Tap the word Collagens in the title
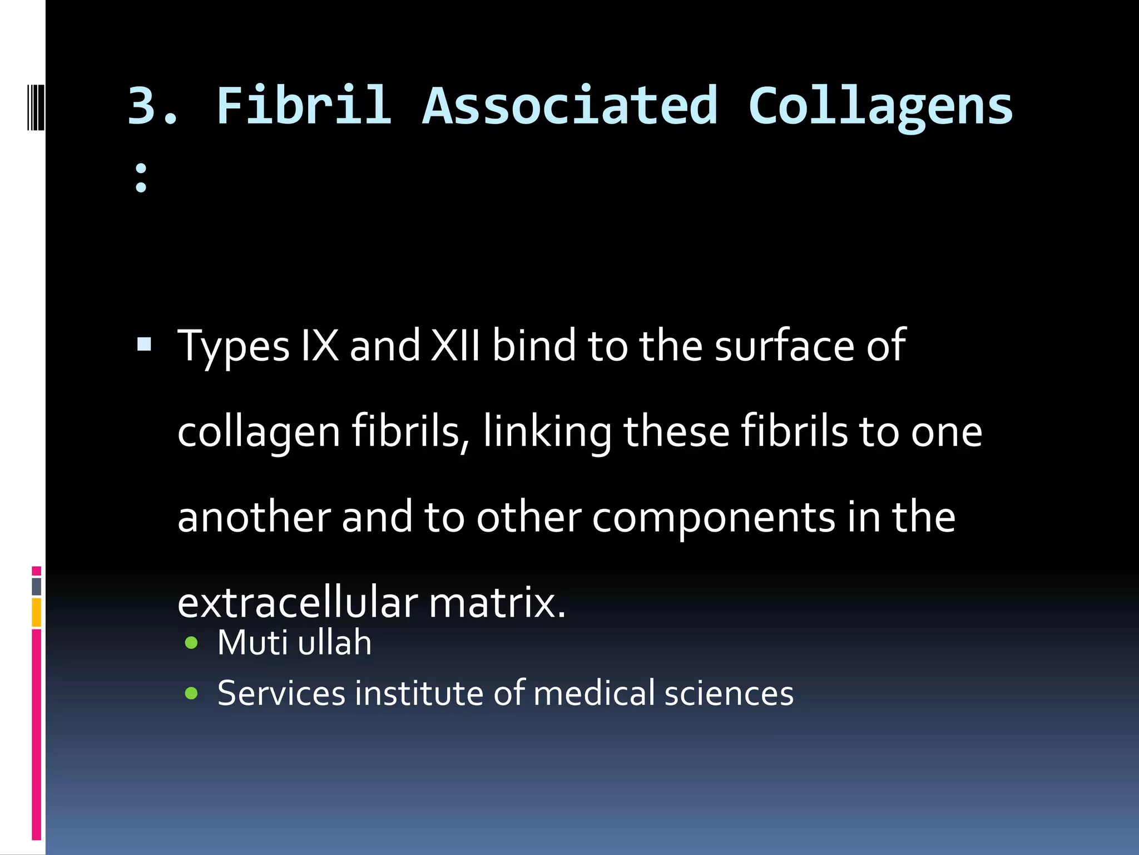point(880,106)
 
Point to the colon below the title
point(141,178)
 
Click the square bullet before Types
point(144,345)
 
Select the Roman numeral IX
point(319,346)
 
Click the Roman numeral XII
point(455,346)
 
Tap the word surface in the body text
point(784,346)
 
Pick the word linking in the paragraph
point(547,432)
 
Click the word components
point(714,518)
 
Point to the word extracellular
point(298,603)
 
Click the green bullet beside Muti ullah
point(191,643)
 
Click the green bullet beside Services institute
point(191,693)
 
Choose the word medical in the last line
point(594,693)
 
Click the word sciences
point(729,693)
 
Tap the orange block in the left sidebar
point(37,612)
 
